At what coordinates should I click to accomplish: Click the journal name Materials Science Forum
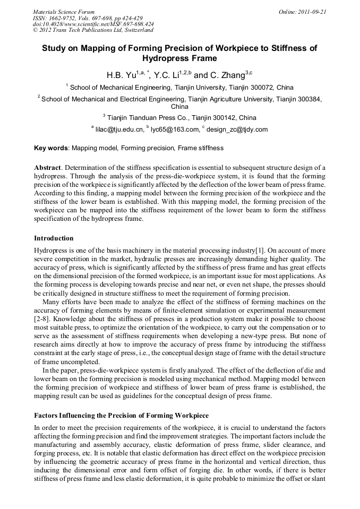(64, 11)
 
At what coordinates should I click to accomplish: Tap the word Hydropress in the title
(180, 58)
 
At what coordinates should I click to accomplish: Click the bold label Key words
(51, 148)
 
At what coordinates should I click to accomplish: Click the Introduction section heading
(54, 238)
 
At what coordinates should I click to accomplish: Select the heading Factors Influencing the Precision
(121, 415)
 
